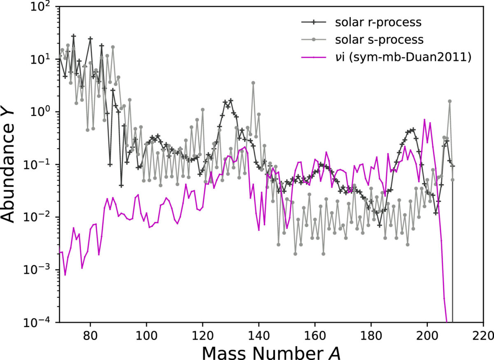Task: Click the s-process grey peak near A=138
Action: [253, 83]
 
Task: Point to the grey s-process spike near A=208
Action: [450, 101]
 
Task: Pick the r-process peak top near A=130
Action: [231, 100]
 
